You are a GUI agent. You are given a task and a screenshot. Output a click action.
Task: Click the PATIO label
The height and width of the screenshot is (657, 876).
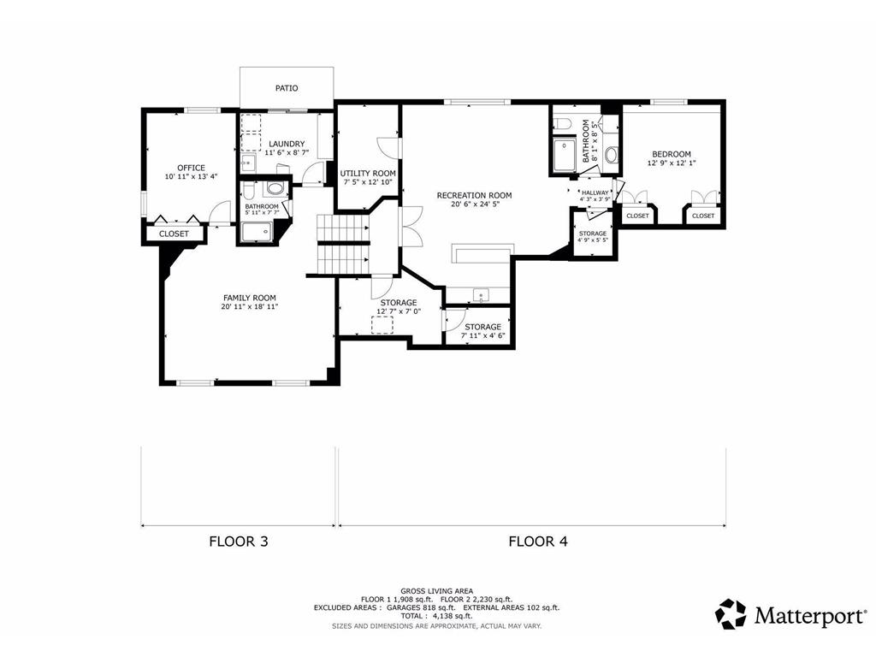287,88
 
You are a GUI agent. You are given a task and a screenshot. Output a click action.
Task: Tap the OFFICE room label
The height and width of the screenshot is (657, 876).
191,168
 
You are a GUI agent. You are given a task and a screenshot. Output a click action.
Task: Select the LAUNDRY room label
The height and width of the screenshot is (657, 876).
286,144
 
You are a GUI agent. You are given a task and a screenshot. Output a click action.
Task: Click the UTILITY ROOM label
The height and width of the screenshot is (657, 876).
366,173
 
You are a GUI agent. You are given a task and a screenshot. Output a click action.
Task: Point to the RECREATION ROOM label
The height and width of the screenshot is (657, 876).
474,196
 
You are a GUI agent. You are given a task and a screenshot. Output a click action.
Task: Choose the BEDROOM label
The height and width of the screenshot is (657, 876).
671,154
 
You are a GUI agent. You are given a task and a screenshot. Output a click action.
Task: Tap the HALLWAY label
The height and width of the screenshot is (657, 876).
595,193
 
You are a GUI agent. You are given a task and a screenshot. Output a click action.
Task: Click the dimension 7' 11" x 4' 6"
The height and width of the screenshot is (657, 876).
482,335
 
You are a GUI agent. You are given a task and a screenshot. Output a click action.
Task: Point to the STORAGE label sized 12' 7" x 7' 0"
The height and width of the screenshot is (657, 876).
398,303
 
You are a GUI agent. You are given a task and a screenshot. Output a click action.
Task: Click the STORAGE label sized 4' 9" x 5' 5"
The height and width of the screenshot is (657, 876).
592,234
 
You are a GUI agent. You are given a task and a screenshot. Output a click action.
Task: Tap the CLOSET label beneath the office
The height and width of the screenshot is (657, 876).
174,234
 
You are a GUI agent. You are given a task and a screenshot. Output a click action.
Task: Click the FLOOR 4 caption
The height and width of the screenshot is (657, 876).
538,541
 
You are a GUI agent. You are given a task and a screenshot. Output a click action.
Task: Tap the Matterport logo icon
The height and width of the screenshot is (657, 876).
731,614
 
